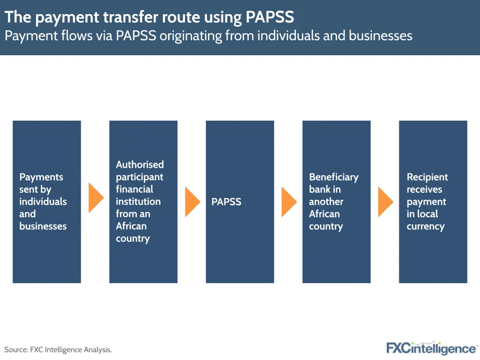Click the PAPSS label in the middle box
click(x=226, y=202)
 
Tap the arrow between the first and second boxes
click(x=96, y=198)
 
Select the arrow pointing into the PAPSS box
click(x=193, y=202)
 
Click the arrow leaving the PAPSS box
click(x=289, y=202)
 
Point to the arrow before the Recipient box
click(x=386, y=202)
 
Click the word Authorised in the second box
click(x=140, y=164)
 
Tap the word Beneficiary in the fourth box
click(x=333, y=177)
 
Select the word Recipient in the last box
click(x=427, y=177)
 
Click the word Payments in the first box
click(x=41, y=177)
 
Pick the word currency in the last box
click(x=426, y=226)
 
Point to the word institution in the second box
click(x=138, y=201)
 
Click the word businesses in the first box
click(x=43, y=226)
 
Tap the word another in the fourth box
click(x=326, y=202)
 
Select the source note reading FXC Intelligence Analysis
click(x=58, y=349)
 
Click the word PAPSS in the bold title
click(x=270, y=17)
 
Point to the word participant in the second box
click(x=139, y=177)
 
